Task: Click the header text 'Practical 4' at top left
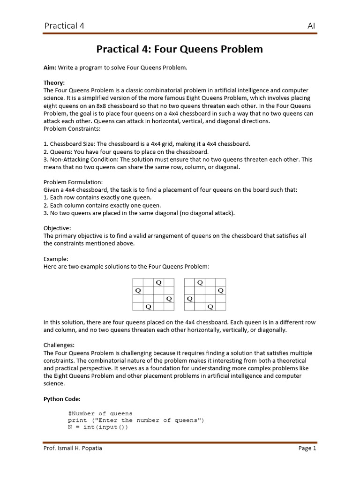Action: pyautogui.click(x=64, y=25)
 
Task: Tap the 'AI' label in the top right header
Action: pyautogui.click(x=311, y=25)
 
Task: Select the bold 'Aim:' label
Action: pyautogui.click(x=50, y=67)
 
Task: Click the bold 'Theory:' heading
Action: pyautogui.click(x=54, y=82)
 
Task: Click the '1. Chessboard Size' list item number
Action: pyautogui.click(x=45, y=144)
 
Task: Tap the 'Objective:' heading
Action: pyautogui.click(x=58, y=228)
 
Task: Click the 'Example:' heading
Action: pyautogui.click(x=56, y=258)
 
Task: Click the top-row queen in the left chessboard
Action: pyautogui.click(x=158, y=283)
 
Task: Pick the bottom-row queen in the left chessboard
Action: pyautogui.click(x=148, y=307)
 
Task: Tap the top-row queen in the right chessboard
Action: pyautogui.click(x=200, y=283)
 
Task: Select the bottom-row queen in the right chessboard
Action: pyautogui.click(x=210, y=307)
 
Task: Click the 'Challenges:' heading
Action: pyautogui.click(x=59, y=345)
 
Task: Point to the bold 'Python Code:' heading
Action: pyautogui.click(x=62, y=399)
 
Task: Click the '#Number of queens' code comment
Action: pyautogui.click(x=100, y=414)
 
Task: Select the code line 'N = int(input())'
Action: pyautogui.click(x=97, y=427)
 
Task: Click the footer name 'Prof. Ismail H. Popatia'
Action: pyautogui.click(x=73, y=448)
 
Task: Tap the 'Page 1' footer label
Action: pyautogui.click(x=307, y=448)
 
